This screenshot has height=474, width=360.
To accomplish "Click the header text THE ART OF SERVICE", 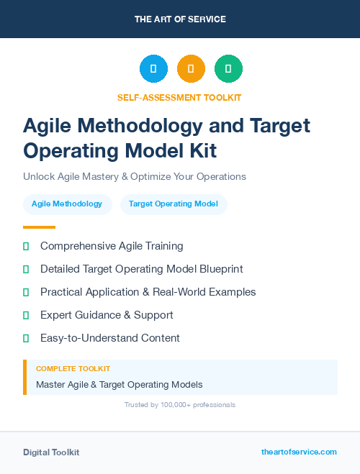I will [x=180, y=19].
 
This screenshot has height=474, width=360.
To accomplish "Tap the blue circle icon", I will [x=153, y=69].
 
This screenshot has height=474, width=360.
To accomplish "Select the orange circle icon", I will [x=191, y=69].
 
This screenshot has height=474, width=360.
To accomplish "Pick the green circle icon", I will [x=228, y=69].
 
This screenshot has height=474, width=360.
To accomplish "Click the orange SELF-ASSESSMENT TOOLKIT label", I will [x=179, y=97].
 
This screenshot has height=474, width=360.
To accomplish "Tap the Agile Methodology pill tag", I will [x=67, y=204].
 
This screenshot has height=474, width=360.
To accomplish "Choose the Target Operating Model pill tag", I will [x=174, y=204].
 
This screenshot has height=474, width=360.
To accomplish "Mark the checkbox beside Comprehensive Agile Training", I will [x=26, y=246].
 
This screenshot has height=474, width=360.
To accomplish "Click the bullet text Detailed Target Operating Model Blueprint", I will [x=142, y=269].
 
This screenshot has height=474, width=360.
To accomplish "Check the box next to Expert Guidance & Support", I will [x=26, y=315].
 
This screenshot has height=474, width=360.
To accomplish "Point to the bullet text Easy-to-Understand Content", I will [x=110, y=338].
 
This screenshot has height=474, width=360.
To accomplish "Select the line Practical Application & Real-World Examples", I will [x=148, y=292].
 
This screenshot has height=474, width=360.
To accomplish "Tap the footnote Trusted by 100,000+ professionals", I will [x=180, y=405].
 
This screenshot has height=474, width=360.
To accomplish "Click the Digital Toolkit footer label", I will [x=51, y=452].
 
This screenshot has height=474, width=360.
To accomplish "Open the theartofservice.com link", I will [x=299, y=452].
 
